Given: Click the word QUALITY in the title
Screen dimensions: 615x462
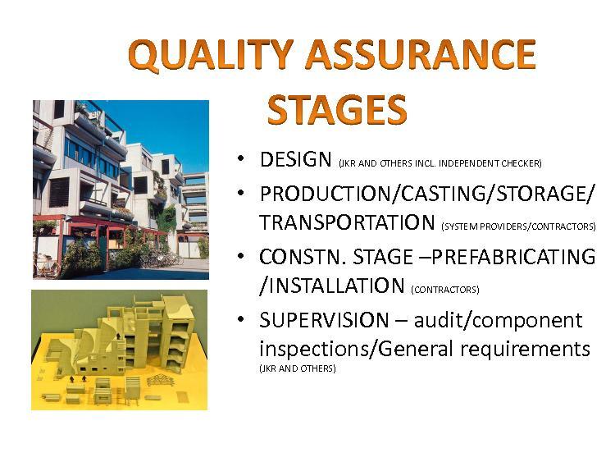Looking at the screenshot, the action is pos(211,55).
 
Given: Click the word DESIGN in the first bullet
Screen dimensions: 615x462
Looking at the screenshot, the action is pos(295,159).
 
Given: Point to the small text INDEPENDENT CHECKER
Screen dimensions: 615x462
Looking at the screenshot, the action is pos(490,163).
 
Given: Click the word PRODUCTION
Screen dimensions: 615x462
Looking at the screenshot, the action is pos(326,194).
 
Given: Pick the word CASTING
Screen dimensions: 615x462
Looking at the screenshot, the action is pos(443,194).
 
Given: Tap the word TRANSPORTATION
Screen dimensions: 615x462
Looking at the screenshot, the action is pos(347,222).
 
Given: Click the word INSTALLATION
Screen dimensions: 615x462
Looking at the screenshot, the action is pos(336,286).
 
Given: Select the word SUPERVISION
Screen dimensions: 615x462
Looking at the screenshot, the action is pos(324,320).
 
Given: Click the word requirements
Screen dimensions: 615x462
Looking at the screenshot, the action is pos(525,350).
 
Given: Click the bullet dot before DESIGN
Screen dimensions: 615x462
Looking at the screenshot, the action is pos(240,158).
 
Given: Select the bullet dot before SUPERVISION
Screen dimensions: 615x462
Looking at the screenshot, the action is pos(240,318).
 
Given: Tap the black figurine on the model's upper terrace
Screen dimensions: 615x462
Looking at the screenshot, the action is pos(118,336).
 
